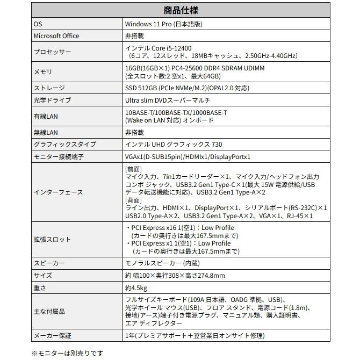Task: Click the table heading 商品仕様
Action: [180, 11]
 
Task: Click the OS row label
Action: [38, 24]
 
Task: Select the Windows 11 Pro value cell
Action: [163, 24]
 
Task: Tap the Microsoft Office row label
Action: [56, 36]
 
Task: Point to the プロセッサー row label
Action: [52, 52]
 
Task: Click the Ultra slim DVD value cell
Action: [168, 100]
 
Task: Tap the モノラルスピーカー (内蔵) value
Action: [162, 264]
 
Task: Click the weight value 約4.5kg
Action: [135, 288]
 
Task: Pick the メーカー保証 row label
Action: [52, 335]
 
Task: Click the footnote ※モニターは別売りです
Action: [67, 353]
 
